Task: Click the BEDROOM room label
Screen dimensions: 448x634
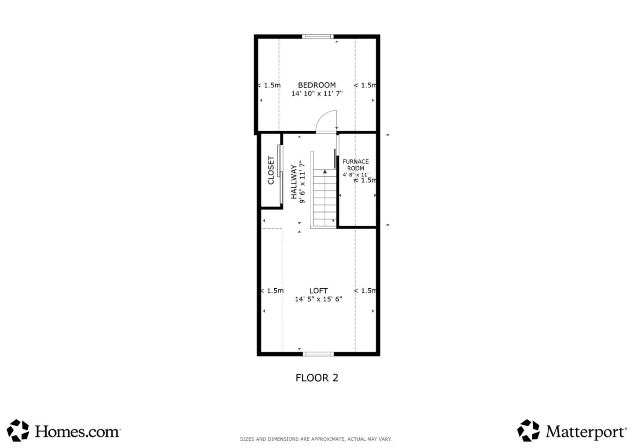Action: [x=317, y=85]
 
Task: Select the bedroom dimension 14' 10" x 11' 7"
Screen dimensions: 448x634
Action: [x=317, y=93]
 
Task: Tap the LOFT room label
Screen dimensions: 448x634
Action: [x=318, y=290]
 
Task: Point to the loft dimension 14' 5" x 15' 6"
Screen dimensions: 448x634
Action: [x=318, y=299]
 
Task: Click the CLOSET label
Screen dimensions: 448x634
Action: [x=271, y=171]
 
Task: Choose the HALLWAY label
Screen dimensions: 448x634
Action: [x=294, y=182]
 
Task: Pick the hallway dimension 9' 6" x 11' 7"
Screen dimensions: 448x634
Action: [x=302, y=182]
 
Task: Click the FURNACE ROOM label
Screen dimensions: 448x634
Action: [x=355, y=165]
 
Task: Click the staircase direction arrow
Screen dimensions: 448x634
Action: [x=325, y=172]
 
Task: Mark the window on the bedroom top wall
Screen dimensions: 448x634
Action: [x=318, y=37]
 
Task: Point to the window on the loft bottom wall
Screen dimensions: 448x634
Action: [x=319, y=353]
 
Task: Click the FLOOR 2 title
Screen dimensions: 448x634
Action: [x=317, y=378]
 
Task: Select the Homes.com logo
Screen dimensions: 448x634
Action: [x=64, y=431]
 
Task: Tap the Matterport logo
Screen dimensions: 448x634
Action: [x=572, y=431]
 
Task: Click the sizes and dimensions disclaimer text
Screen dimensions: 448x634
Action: [x=315, y=439]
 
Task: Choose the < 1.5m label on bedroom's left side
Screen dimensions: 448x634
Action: [x=269, y=85]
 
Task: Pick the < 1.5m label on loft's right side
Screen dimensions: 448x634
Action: [x=365, y=290]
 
